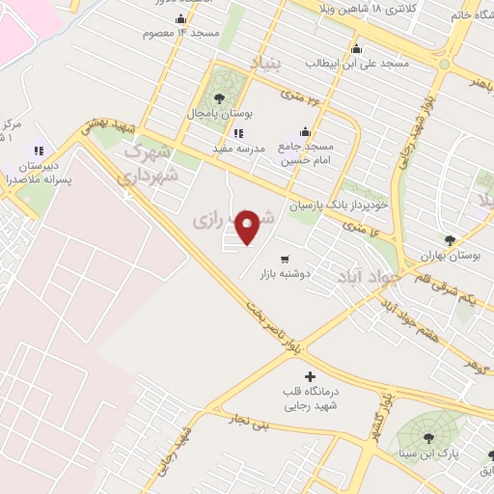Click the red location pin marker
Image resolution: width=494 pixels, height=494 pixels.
(x=248, y=227)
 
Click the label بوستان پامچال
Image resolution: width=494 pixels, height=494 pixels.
(x=221, y=114)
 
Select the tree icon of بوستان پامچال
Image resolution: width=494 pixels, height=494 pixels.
(x=220, y=98)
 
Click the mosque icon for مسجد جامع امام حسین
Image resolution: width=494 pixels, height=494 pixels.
(x=305, y=133)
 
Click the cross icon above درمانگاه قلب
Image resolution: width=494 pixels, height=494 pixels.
(x=309, y=376)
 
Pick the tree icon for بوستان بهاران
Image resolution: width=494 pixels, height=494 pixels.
(x=450, y=240)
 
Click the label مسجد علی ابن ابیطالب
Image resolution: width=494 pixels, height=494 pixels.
(x=357, y=63)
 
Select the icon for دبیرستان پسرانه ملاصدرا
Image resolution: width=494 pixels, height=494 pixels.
(x=40, y=151)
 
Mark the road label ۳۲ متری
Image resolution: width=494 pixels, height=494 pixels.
(x=298, y=96)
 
